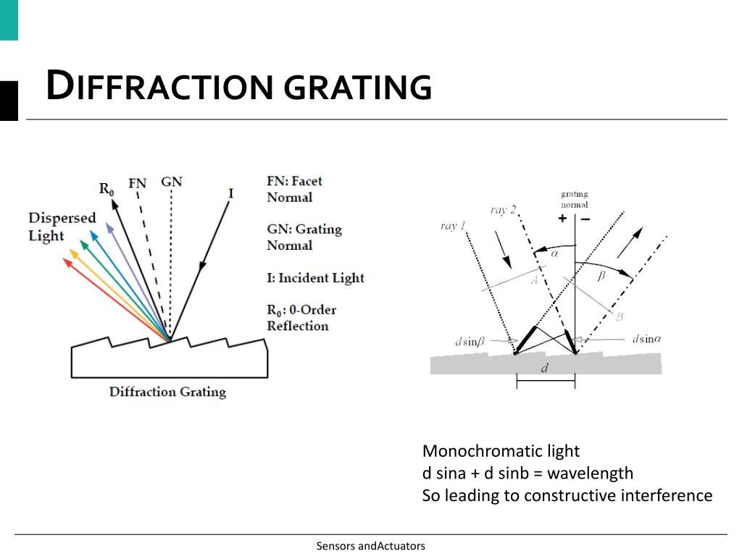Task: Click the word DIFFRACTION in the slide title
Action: click(159, 87)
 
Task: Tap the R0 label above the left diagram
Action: click(107, 189)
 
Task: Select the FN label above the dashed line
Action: click(137, 183)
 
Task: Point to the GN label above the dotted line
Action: click(172, 182)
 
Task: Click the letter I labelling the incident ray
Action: click(230, 193)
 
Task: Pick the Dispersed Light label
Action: click(62, 227)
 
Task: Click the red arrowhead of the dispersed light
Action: click(67, 262)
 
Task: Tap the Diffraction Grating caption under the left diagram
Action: click(167, 392)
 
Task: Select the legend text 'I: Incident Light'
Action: click(315, 278)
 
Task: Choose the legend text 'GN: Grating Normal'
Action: click(304, 237)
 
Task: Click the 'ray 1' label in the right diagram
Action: click(453, 226)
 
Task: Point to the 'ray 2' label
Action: click(503, 210)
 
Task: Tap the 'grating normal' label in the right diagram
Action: click(575, 199)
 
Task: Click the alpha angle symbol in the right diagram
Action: click(555, 253)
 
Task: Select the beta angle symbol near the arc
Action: click(601, 277)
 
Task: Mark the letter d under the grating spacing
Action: click(545, 368)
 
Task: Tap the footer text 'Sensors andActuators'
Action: click(370, 546)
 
